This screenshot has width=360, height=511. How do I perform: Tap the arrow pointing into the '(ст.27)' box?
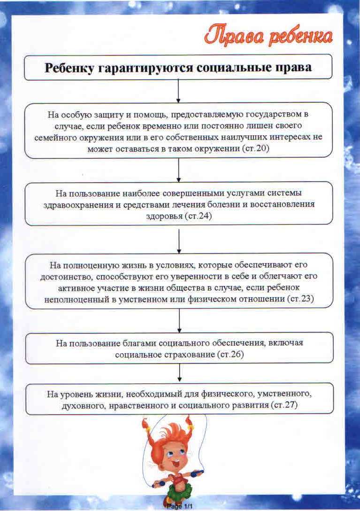(180, 373)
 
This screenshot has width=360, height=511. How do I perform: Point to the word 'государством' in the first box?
(267, 114)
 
